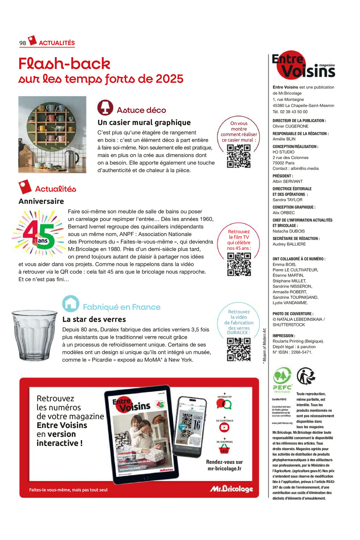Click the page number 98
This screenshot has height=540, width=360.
point(23,43)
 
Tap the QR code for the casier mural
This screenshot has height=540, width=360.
point(239,156)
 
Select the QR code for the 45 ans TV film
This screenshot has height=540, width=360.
point(239,264)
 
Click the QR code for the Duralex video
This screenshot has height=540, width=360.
point(239,349)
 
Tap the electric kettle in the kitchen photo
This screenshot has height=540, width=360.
point(72,159)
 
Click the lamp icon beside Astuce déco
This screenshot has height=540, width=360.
point(105,108)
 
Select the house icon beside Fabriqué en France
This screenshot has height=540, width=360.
point(71,304)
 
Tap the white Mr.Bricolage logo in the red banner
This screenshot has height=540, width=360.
point(231,489)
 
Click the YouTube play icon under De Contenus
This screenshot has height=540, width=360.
point(224,428)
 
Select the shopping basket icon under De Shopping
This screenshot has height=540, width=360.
point(224,449)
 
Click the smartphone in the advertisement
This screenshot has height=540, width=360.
point(189,426)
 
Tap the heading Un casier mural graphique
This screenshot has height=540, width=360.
point(144,123)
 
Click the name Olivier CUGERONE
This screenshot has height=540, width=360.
point(290,126)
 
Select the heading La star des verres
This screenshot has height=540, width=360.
point(94,319)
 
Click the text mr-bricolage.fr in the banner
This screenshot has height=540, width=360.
point(224,469)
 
